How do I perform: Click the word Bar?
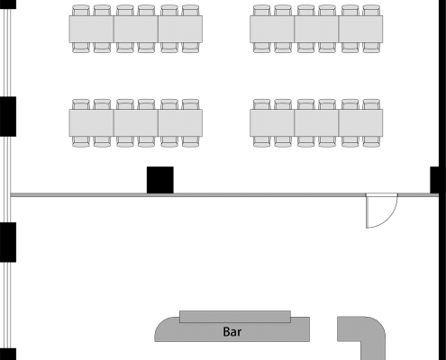point(232,332)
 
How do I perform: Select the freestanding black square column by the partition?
point(160,180)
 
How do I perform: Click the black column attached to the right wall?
point(434,180)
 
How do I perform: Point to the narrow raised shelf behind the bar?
point(235,317)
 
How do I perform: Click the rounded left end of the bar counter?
point(165,330)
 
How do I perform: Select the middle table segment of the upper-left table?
point(136,29)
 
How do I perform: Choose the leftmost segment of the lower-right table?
point(272,123)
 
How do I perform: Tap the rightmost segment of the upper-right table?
point(360,29)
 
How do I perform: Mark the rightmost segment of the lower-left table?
point(180,123)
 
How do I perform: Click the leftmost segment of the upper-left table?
point(92,29)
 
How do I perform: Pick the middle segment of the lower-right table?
point(316,123)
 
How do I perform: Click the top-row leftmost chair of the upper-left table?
point(81,10)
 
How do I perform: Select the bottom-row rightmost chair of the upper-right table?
point(371,48)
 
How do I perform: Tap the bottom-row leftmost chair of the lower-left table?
point(81,141)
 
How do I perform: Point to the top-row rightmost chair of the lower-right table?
point(371,104)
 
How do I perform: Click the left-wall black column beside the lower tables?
point(8,116)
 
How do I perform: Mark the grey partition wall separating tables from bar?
point(224,195)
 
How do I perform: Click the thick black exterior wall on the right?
point(442,180)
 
